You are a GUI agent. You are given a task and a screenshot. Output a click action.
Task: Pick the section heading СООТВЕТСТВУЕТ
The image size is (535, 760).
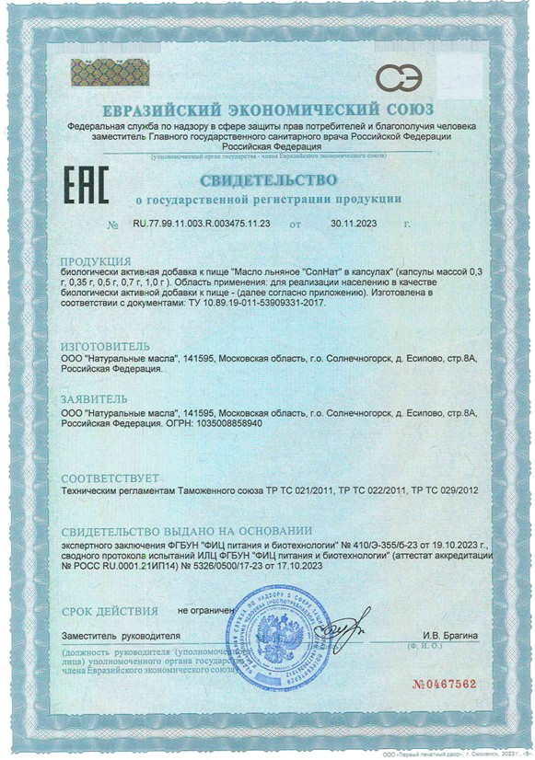tap(110, 478)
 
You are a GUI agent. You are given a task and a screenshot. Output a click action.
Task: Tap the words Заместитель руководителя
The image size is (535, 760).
tap(121, 636)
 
